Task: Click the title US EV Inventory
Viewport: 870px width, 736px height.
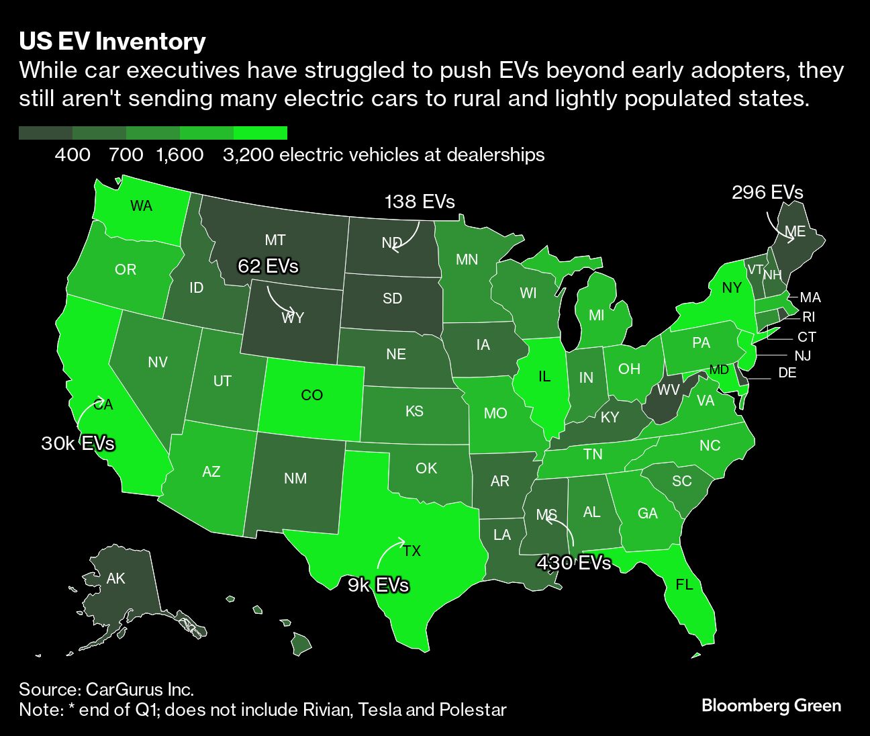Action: pyautogui.click(x=112, y=42)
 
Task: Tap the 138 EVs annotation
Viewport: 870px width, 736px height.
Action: pyautogui.click(x=420, y=201)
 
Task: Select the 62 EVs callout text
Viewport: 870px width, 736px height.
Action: pyautogui.click(x=268, y=266)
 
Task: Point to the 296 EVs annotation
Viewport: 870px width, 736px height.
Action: pyautogui.click(x=767, y=193)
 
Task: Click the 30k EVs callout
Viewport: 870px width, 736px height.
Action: pyautogui.click(x=78, y=443)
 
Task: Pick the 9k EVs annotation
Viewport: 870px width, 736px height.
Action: pyautogui.click(x=378, y=585)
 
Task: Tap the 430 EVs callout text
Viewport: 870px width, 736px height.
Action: pyautogui.click(x=574, y=562)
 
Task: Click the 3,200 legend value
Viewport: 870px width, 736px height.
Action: pyautogui.click(x=248, y=155)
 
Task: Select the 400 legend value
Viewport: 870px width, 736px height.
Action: pyautogui.click(x=72, y=155)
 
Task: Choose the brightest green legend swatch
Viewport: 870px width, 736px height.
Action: pyautogui.click(x=260, y=133)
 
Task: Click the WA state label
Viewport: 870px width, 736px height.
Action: pyautogui.click(x=141, y=206)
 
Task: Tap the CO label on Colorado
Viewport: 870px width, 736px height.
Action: pyautogui.click(x=311, y=396)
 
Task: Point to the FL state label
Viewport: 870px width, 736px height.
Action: pyautogui.click(x=684, y=585)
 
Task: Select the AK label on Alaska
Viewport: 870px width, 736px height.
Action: pyautogui.click(x=115, y=578)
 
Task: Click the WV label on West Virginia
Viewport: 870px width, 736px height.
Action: pyautogui.click(x=668, y=389)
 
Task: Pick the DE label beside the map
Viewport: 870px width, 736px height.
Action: pyautogui.click(x=787, y=373)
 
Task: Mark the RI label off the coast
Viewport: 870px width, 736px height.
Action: pyautogui.click(x=809, y=317)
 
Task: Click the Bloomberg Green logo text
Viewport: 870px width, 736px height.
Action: pyautogui.click(x=771, y=706)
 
